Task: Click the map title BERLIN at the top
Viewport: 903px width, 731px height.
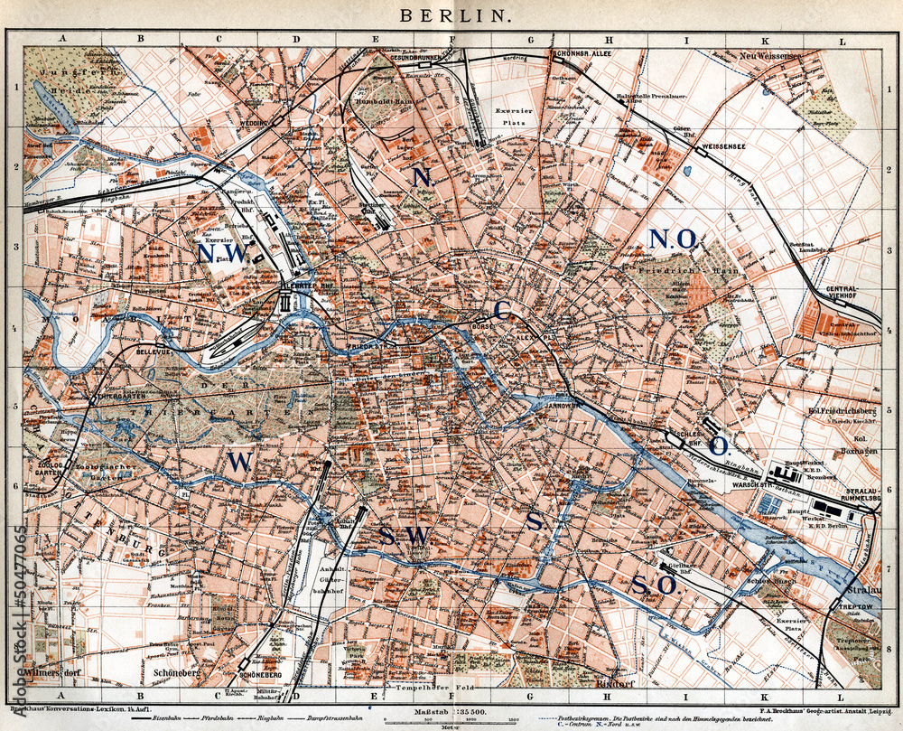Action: pos(455,15)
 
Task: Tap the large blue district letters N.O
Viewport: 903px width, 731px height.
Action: pos(673,239)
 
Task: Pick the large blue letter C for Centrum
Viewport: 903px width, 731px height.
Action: pos(502,311)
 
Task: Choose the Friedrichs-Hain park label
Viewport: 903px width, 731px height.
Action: pos(688,270)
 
